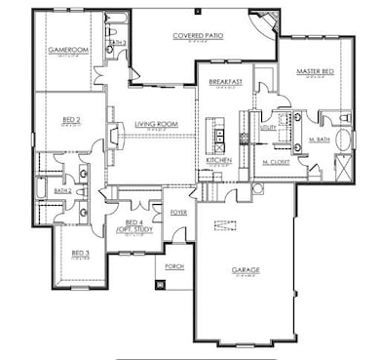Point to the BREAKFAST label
(x=225, y=82)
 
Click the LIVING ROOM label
(x=155, y=124)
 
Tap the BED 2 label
(x=70, y=118)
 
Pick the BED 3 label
(x=80, y=254)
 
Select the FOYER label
(x=179, y=211)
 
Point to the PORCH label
(x=174, y=265)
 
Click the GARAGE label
(x=245, y=269)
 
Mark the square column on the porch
(x=160, y=285)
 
